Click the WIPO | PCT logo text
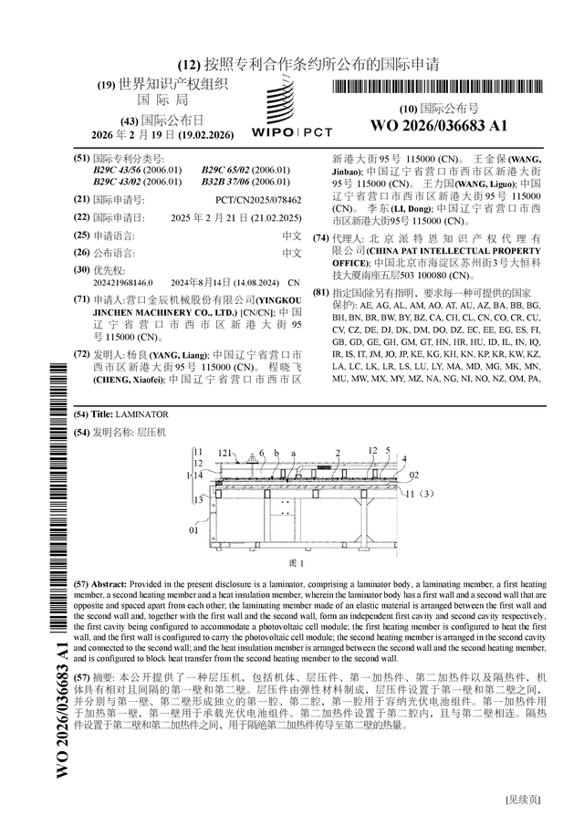pyautogui.click(x=292, y=132)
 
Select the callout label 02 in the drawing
pyautogui.click(x=413, y=476)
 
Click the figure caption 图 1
pyautogui.click(x=295, y=563)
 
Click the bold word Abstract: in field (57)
pyautogui.click(x=109, y=583)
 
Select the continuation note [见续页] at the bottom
pyautogui.click(x=524, y=800)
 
